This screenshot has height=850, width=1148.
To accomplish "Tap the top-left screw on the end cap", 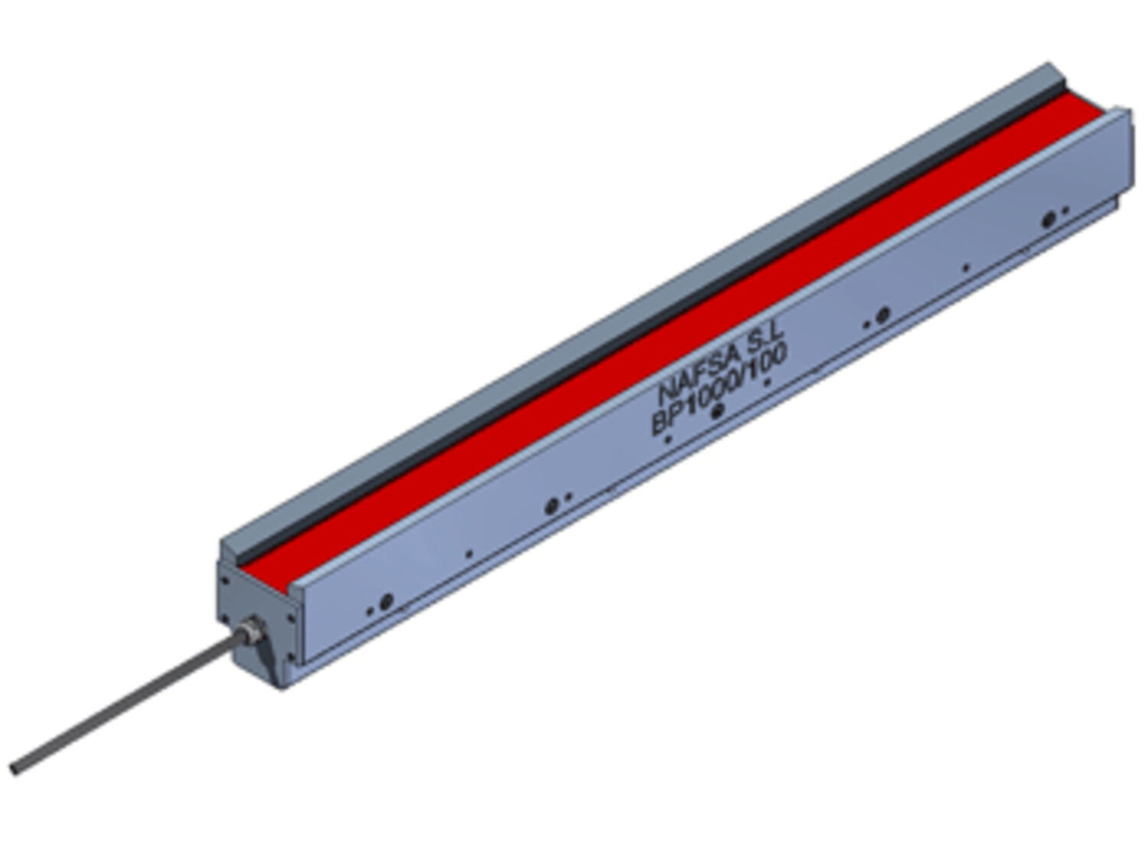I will point(224,580).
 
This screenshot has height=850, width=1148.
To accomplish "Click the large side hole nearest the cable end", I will point(386,601).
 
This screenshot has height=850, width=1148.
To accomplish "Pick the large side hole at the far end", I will point(1049,219).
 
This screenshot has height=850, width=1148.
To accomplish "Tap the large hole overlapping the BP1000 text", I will point(717,411).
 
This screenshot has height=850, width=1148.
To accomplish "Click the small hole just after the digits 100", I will point(768,380).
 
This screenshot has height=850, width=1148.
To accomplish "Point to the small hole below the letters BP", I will point(667,440).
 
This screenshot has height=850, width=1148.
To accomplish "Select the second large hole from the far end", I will point(882,314).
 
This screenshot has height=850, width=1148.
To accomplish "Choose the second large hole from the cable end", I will point(551,506).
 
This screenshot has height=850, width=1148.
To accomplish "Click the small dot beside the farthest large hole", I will point(1065,209).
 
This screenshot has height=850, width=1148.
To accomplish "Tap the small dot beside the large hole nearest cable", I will point(370,611).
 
